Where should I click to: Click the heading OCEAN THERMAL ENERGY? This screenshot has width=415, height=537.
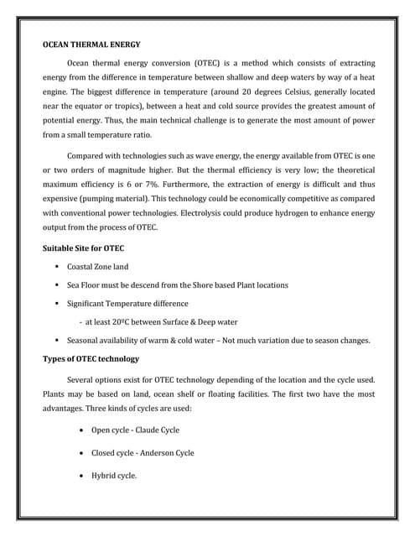coord(91,44)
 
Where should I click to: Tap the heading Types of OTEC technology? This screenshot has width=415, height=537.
coord(91,359)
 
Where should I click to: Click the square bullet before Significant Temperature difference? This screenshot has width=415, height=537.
coord(55,304)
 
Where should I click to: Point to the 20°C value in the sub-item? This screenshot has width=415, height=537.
coord(129,321)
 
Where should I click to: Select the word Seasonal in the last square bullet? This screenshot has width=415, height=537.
coord(86,341)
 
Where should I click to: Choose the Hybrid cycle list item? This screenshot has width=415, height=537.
coord(113,476)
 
